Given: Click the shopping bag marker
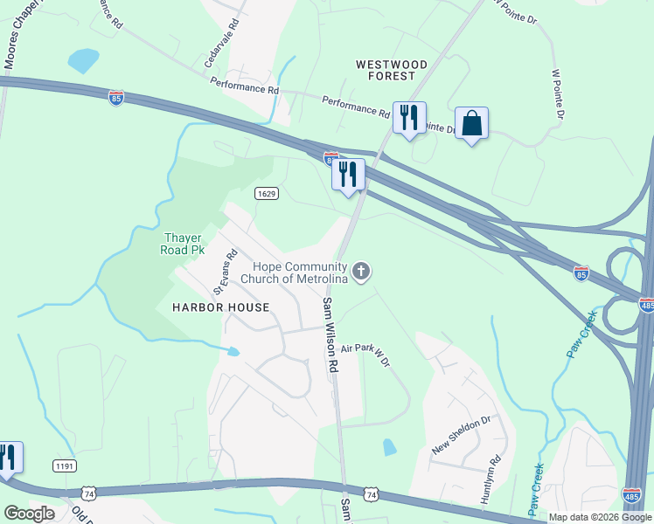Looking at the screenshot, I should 471,124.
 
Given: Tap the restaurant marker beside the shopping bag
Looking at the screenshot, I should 409,118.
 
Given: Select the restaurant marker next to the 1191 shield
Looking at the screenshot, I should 7,458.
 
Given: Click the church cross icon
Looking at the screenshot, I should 362,272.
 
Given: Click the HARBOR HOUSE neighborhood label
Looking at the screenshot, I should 207,307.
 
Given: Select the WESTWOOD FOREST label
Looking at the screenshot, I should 392,70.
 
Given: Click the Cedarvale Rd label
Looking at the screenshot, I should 221,47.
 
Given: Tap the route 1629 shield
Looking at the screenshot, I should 267,193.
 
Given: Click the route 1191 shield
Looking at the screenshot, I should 63,466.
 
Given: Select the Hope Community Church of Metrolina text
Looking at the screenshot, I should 300,272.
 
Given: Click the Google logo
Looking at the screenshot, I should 28,514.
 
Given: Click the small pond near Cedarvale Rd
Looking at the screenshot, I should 84,59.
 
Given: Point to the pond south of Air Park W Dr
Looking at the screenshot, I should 389,447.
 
